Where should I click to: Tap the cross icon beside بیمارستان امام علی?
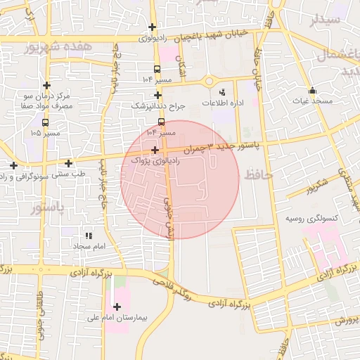pos(117,307)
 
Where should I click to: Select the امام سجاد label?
pos(89,247)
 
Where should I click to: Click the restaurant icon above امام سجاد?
pos(89,236)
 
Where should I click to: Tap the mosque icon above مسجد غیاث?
pos(312,90)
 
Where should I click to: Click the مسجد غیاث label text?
pos(312,102)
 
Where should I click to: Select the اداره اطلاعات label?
pos(223,103)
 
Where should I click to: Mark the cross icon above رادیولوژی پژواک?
pos(155,150)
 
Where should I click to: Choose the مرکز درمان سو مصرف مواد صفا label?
pos(47,100)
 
